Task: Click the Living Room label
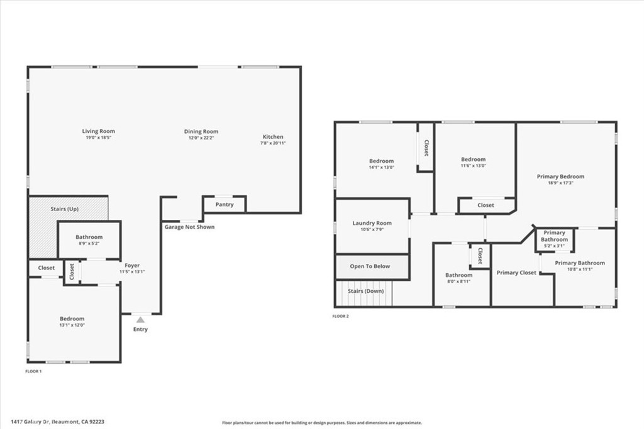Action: click(x=99, y=131)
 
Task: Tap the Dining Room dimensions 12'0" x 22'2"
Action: click(x=201, y=138)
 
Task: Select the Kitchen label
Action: click(x=273, y=136)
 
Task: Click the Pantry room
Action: click(x=225, y=204)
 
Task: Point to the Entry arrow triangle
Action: click(x=141, y=320)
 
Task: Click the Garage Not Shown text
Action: click(x=189, y=227)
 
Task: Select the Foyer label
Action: click(x=132, y=265)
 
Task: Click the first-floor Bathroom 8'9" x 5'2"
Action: click(x=89, y=240)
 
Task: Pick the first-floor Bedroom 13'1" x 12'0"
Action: click(x=72, y=322)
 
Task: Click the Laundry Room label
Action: click(x=372, y=223)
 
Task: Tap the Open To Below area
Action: click(x=370, y=266)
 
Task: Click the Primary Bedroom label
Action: click(x=560, y=176)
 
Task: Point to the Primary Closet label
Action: click(x=516, y=273)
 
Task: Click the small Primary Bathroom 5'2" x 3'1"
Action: click(x=554, y=239)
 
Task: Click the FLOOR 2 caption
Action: click(x=340, y=316)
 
